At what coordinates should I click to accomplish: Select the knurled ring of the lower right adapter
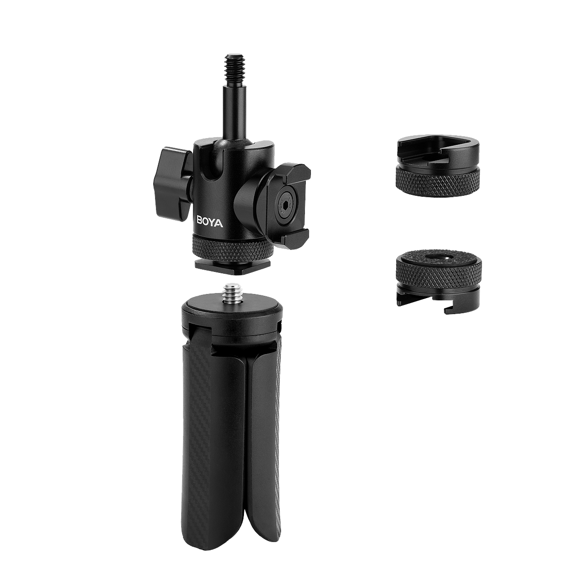tap(439, 271)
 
